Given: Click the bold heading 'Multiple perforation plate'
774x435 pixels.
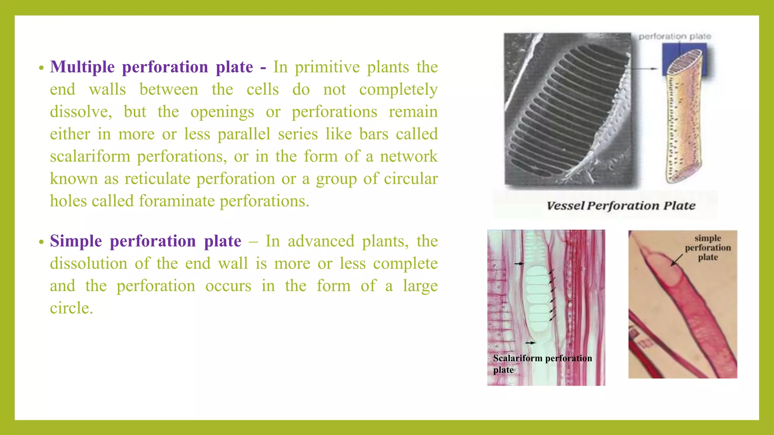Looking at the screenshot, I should pos(151,67).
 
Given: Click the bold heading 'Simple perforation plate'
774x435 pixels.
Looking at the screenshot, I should pos(146,241).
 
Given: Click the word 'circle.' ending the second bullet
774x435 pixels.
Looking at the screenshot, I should pos(71,308).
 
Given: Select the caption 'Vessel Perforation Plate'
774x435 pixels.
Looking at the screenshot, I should pos(621,206).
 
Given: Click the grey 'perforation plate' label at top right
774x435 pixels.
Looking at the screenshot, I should pos(675,37).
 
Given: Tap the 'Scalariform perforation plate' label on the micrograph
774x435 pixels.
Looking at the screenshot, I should pos(542,364).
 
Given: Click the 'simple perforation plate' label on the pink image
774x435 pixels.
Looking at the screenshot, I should pos(707,248).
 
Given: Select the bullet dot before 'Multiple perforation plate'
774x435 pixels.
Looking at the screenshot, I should pos(41,68).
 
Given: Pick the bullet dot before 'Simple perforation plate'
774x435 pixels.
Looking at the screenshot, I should pos(41,242).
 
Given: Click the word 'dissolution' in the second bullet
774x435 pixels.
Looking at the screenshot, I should pos(88,264).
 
